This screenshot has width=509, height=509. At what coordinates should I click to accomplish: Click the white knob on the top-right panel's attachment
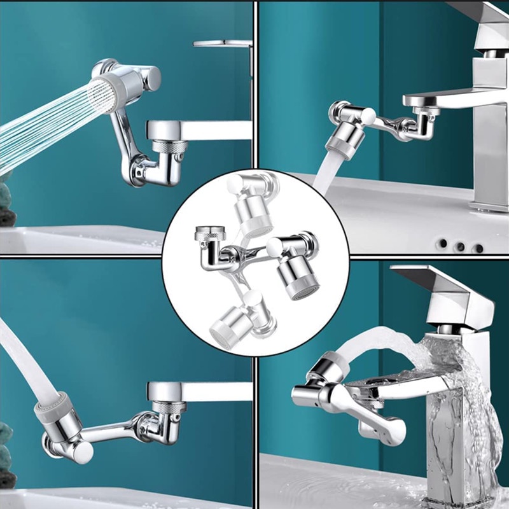pyautogui.click(x=367, y=117)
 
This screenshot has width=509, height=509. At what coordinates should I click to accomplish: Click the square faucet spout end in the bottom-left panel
pyautogui.click(x=167, y=391)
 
